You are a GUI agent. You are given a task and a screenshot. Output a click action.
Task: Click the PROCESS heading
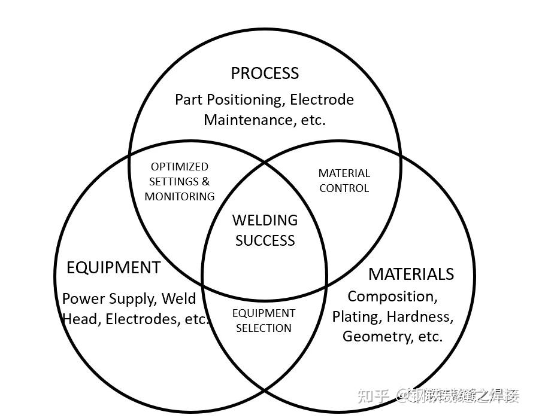coord(265,74)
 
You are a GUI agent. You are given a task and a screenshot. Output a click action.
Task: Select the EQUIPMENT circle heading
coord(113,267)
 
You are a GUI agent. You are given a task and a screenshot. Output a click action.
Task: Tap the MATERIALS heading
coord(411,274)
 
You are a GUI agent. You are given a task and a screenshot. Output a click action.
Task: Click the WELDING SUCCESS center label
coord(265,230)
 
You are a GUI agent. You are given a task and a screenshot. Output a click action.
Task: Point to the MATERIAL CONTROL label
coord(344,181)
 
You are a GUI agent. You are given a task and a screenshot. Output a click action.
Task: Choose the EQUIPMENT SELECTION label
coord(264,321)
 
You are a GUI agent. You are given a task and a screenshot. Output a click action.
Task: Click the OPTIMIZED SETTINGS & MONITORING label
coord(180,181)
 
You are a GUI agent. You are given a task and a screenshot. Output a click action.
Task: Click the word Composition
coord(392,296)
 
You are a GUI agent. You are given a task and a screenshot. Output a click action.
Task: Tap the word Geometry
coord(377,336)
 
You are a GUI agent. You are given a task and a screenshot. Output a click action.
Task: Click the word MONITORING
coord(180,196)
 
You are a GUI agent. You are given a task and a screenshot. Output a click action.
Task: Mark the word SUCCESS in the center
coord(265,240)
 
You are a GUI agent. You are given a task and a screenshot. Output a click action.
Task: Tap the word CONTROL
coord(344,188)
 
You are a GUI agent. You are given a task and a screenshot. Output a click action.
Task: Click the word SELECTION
coord(264,328)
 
